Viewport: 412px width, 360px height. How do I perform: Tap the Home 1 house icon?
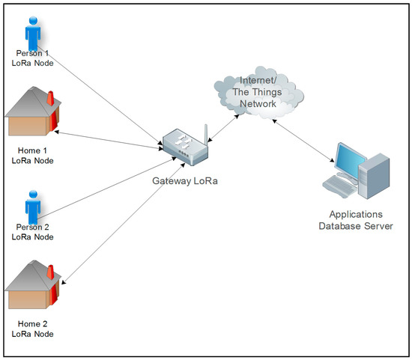(x=32, y=113)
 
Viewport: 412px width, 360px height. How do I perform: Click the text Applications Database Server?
(x=356, y=220)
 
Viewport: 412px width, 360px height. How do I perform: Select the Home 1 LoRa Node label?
(x=32, y=155)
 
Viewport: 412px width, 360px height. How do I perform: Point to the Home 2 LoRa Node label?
(x=32, y=329)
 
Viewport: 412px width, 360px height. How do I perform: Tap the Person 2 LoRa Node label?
(x=32, y=231)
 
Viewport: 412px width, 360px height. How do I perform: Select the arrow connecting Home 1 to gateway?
(x=109, y=141)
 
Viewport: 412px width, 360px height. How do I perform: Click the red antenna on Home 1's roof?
(x=51, y=100)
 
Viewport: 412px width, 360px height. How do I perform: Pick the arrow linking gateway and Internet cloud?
(x=222, y=125)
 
